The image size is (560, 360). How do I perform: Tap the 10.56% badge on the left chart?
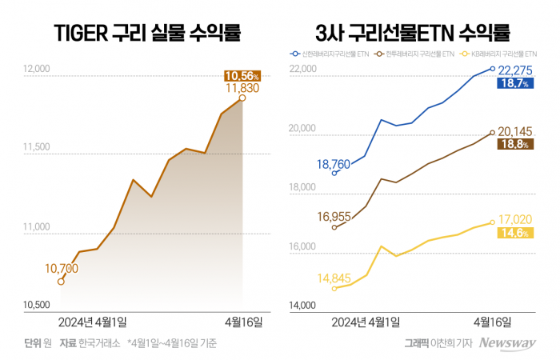[x=240, y=76]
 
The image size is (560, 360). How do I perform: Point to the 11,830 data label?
[x=242, y=88]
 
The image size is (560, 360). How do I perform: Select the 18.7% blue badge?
[x=514, y=83]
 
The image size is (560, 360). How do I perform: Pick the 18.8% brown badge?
[x=514, y=145]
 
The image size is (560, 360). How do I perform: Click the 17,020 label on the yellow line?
[x=516, y=218]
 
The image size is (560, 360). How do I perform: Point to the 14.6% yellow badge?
[x=514, y=233]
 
